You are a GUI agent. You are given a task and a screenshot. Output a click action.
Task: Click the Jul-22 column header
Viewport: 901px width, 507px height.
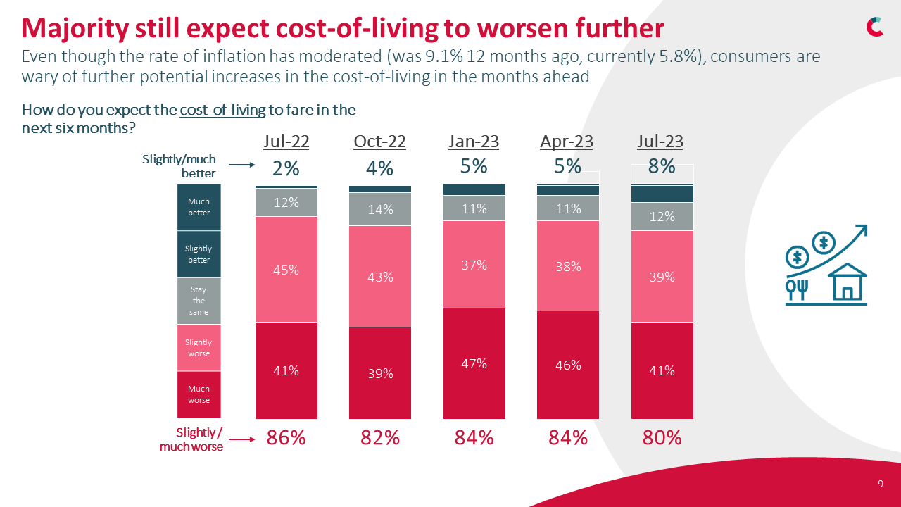[286, 142]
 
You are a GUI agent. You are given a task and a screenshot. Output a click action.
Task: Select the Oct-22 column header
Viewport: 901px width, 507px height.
[379, 142]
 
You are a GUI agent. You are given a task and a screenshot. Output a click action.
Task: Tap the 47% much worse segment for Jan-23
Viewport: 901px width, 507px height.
[474, 363]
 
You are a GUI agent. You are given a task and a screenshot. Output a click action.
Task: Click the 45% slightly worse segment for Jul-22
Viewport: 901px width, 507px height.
[286, 269]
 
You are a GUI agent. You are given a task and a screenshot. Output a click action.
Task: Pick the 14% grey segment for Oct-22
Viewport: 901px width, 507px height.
[380, 209]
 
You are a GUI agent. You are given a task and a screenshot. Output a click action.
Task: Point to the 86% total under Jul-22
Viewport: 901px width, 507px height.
[286, 437]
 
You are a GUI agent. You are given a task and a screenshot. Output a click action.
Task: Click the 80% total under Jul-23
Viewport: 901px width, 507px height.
[662, 437]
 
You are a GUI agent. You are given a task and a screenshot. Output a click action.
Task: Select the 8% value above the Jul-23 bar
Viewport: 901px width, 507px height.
[662, 166]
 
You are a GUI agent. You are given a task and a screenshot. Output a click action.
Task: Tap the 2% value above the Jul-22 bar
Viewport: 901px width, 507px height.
[286, 169]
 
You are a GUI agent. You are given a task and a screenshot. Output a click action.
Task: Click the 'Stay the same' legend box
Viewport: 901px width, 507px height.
[199, 301]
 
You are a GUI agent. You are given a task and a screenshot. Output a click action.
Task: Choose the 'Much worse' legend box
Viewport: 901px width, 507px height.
[199, 394]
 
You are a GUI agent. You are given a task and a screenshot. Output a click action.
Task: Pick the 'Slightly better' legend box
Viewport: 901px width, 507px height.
[199, 254]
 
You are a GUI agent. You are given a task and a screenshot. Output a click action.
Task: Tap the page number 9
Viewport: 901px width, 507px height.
[881, 484]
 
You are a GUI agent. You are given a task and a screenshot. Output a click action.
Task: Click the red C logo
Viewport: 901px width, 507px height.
[875, 26]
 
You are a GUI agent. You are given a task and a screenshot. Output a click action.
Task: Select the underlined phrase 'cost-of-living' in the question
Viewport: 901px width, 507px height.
[222, 111]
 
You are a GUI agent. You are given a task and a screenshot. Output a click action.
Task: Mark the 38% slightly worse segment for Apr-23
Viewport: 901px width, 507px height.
[568, 266]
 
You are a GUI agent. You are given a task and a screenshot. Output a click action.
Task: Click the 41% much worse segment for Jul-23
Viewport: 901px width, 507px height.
[662, 370]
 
